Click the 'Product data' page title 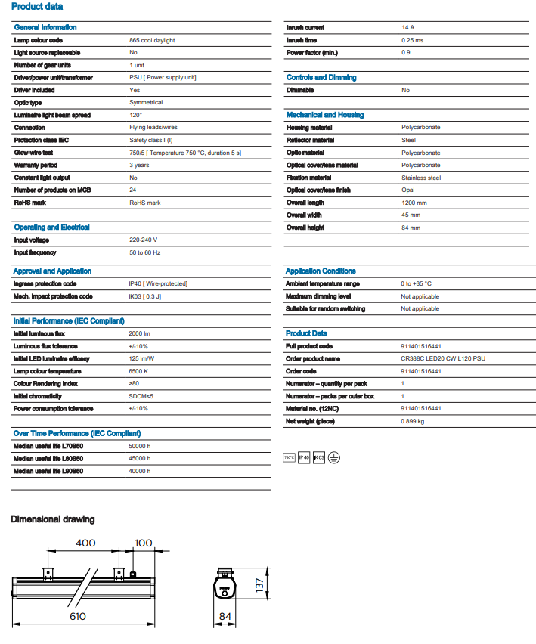(37, 7)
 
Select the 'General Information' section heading (45, 27)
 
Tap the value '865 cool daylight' (153, 40)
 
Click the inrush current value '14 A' (407, 27)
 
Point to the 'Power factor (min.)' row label (312, 52)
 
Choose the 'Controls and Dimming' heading (321, 77)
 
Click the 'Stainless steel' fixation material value (421, 178)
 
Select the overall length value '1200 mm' (414, 203)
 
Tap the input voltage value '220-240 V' (144, 240)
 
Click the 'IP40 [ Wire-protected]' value (158, 283)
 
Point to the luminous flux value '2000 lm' (141, 333)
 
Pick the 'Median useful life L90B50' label (48, 471)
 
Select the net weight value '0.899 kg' (413, 420)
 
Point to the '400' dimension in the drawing (85, 543)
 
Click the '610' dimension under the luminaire (77, 616)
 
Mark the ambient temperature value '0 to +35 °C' (417, 283)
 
